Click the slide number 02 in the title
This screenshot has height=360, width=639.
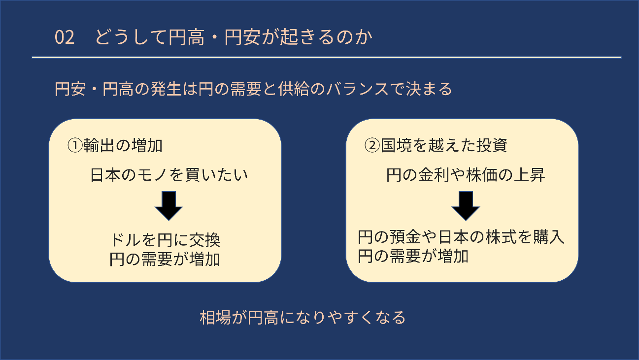point(65,37)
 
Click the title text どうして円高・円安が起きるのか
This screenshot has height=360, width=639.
point(234,37)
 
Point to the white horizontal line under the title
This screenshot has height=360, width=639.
point(327,57)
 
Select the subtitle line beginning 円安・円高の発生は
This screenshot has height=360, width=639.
point(253,89)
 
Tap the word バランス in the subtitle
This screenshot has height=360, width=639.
point(358,89)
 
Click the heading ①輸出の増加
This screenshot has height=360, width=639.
point(115,145)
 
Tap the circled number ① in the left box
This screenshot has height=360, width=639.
point(75,145)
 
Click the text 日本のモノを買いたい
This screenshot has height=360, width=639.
point(169,175)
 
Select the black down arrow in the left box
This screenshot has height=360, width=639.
point(168,206)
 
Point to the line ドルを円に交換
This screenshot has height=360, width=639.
point(165,240)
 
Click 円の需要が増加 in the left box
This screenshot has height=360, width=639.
point(165,260)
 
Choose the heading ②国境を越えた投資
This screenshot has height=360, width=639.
point(436,145)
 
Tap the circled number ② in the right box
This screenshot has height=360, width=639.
point(372,145)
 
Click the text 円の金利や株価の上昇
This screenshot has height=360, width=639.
point(466,175)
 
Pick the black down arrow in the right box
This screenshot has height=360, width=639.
point(466,206)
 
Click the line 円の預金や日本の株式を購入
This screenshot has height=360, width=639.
point(461,237)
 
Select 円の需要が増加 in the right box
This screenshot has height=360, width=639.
point(413,256)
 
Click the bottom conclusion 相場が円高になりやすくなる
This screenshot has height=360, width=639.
point(303,318)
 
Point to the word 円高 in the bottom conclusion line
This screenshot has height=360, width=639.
point(263,318)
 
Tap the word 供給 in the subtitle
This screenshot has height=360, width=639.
point(294,89)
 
